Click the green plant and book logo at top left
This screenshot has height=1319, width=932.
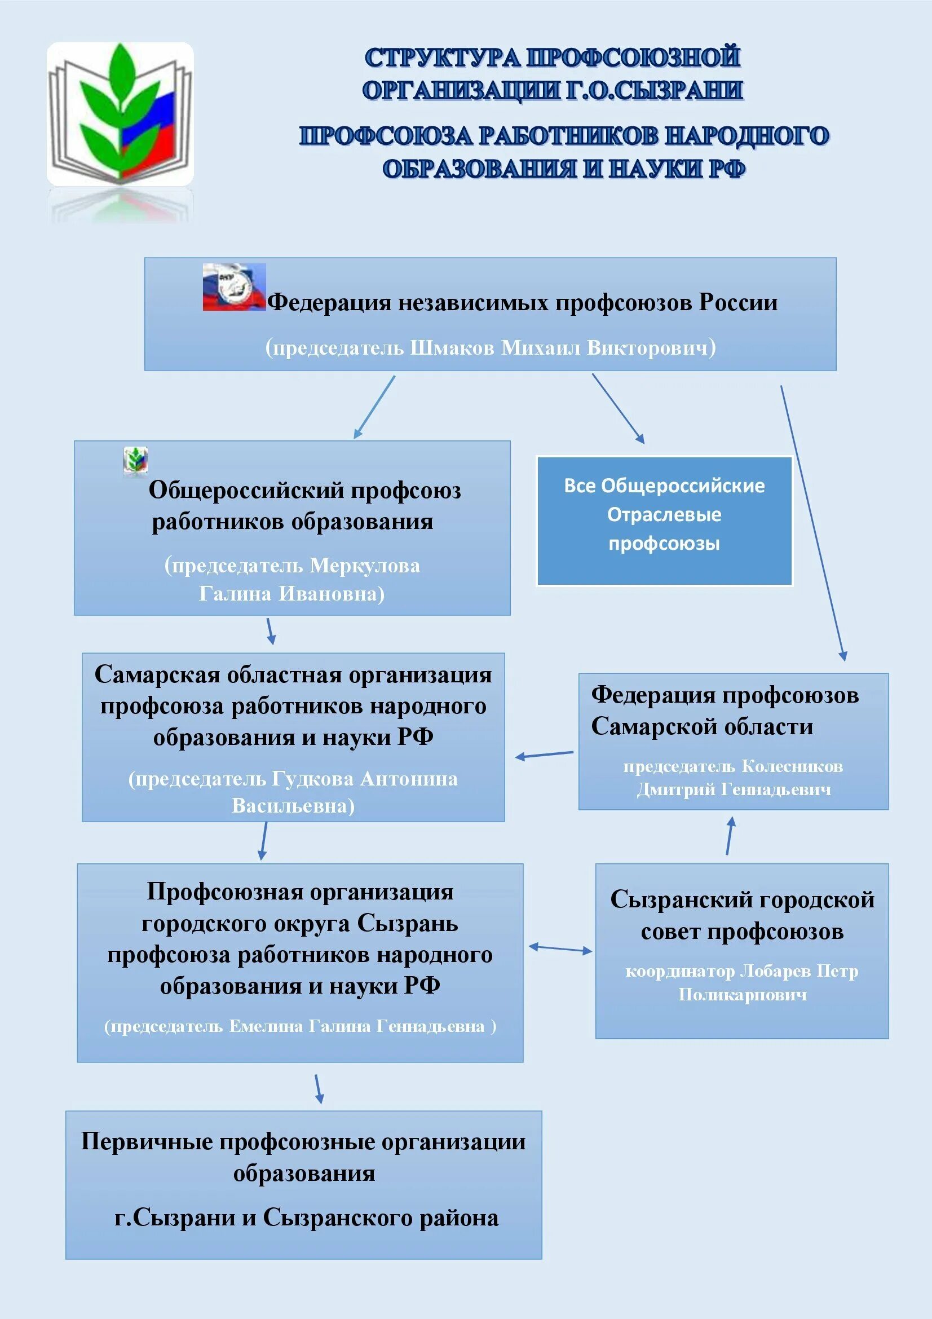click(120, 114)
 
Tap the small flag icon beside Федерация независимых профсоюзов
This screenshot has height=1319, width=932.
click(234, 287)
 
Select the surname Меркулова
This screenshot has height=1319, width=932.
click(365, 566)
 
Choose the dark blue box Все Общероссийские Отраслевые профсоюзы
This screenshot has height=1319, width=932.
click(664, 521)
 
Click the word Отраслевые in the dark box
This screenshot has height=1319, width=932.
click(664, 515)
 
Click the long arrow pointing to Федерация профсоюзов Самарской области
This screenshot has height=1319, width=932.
click(812, 523)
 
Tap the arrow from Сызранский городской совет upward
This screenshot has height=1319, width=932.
click(729, 836)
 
